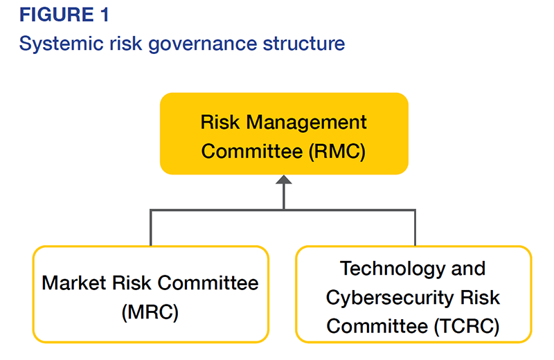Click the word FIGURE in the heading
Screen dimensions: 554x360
(x=57, y=15)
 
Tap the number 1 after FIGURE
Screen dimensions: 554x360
(x=105, y=15)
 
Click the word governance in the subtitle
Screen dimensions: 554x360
(x=203, y=44)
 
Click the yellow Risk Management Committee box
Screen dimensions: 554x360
(x=284, y=134)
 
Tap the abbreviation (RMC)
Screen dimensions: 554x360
(x=337, y=151)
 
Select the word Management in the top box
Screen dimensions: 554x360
(x=306, y=123)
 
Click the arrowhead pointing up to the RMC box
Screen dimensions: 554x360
(x=284, y=179)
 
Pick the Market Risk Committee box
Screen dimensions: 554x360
(x=151, y=294)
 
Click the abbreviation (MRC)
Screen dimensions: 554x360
(x=150, y=312)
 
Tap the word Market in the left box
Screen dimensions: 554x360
(x=74, y=283)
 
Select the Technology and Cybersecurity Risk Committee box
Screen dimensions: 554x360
(x=413, y=294)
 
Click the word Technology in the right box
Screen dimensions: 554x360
(x=392, y=269)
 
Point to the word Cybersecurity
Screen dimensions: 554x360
(x=390, y=298)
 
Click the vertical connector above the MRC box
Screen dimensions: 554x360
(x=151, y=228)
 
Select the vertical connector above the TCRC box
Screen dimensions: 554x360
(x=415, y=228)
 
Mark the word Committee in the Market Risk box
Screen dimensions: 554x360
(x=208, y=283)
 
